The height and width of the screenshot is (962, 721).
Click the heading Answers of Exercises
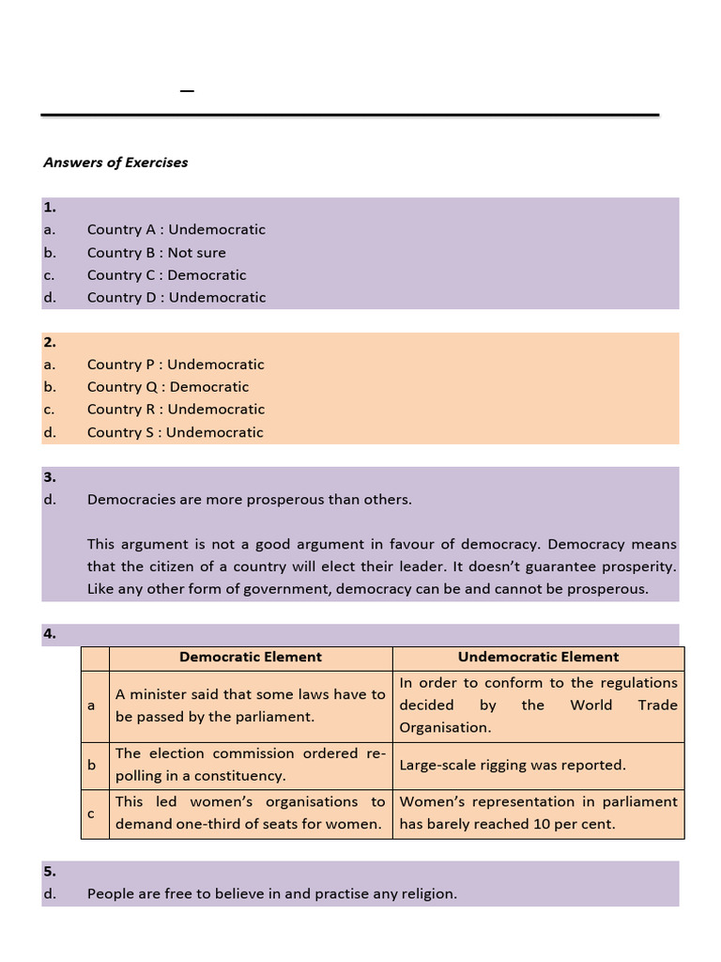[x=115, y=163]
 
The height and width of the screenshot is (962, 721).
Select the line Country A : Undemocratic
[x=176, y=229]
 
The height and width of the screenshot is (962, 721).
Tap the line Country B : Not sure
[x=156, y=253]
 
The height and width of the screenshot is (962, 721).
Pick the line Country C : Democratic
[x=166, y=275]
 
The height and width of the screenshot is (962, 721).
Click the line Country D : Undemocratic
[x=176, y=298]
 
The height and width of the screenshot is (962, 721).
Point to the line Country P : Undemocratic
[x=176, y=365]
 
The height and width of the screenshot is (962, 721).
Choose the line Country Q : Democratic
[x=167, y=387]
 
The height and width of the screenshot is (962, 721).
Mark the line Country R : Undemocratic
[x=176, y=410]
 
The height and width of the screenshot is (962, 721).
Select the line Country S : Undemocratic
[x=175, y=433]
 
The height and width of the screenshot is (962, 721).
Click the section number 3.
[x=49, y=477]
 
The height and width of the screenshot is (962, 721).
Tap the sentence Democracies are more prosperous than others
[x=249, y=500]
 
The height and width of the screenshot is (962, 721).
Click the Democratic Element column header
[x=251, y=658]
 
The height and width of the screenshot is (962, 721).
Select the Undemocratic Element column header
[x=538, y=658]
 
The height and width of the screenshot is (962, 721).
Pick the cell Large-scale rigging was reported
[x=512, y=766]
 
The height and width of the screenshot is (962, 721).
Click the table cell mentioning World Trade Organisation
[x=538, y=706]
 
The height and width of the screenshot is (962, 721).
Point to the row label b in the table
[x=92, y=766]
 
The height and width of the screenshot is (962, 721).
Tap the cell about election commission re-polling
[x=250, y=765]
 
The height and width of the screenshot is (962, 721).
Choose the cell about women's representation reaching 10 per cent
[x=538, y=814]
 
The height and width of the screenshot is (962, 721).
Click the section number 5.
[x=49, y=871]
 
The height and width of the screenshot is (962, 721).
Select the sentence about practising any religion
[x=271, y=894]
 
